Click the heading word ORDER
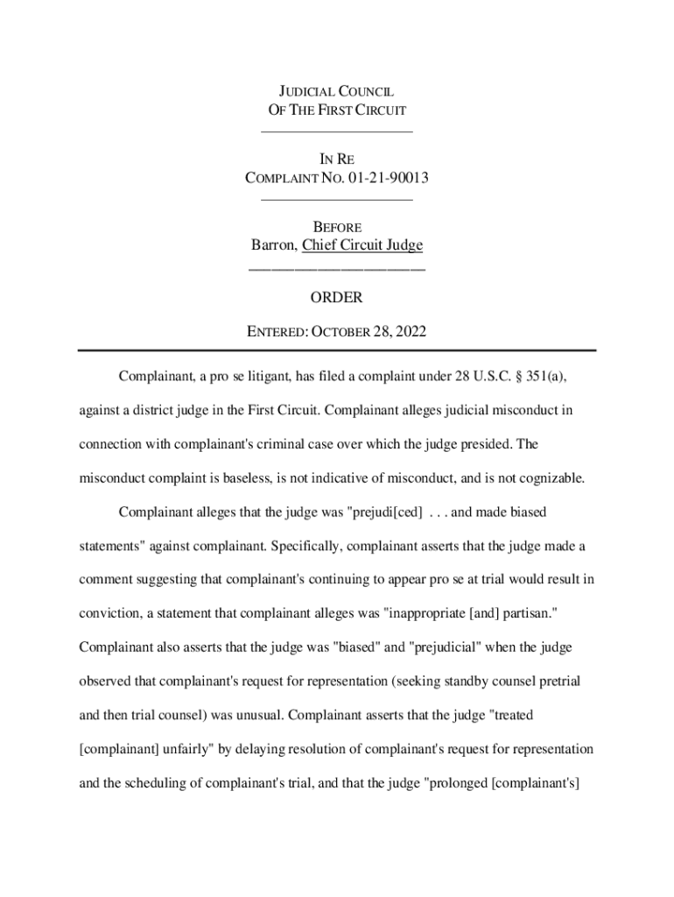(x=336, y=298)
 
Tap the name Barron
(x=273, y=246)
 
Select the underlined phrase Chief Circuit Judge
(x=362, y=246)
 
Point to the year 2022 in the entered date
(x=410, y=331)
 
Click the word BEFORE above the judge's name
(x=337, y=228)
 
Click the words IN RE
(x=337, y=160)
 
